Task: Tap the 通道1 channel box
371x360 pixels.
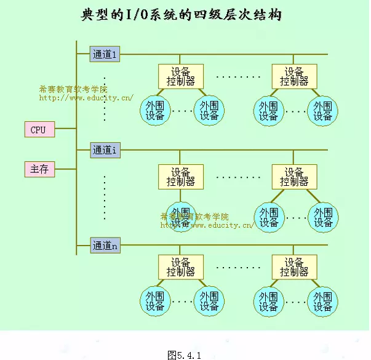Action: (x=105, y=54)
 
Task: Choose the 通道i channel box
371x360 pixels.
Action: (x=105, y=150)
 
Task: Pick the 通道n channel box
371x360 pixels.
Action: (x=105, y=246)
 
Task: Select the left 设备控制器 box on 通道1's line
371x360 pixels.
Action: (x=180, y=76)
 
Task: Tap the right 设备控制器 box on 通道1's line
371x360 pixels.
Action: (x=294, y=76)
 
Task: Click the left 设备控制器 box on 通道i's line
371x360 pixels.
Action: (x=180, y=177)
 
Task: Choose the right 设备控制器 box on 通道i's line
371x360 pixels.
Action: (x=294, y=177)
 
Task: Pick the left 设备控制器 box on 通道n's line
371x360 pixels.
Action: (x=180, y=266)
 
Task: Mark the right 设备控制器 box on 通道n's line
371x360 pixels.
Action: (x=294, y=266)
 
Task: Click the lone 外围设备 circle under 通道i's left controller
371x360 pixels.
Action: (x=180, y=217)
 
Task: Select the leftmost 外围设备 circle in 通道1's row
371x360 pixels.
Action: (x=154, y=111)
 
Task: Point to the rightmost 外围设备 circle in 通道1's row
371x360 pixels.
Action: (x=322, y=111)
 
